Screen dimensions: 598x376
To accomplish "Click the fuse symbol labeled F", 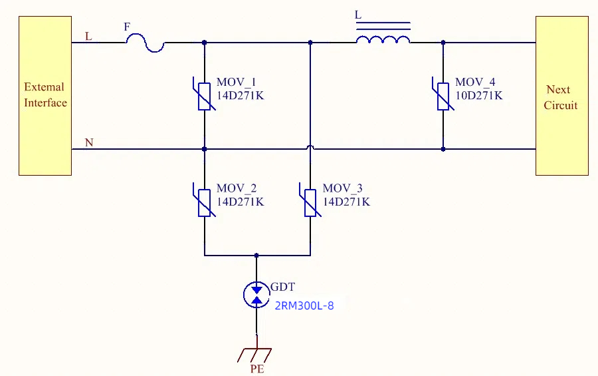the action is point(146,43).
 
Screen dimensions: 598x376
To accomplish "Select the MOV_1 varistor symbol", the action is point(205,96).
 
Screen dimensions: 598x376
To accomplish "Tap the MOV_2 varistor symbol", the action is point(205,202).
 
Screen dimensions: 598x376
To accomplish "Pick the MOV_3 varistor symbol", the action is point(310,202).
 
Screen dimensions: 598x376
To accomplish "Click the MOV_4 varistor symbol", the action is point(443,96).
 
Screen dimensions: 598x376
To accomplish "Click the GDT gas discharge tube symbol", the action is point(256,295).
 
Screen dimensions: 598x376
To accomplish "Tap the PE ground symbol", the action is point(254,355).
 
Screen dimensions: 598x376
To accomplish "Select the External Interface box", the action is point(45,96).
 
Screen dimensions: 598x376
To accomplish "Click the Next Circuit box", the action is point(561,96).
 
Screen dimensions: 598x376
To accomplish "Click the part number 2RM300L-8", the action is point(304,305).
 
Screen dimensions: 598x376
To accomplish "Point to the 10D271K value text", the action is point(479,95).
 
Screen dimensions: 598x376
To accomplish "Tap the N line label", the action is point(89,142).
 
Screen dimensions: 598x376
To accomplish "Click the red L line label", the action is point(88,37).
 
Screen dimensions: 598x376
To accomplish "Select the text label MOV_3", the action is point(342,188).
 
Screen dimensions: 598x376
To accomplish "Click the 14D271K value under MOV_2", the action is point(241,202).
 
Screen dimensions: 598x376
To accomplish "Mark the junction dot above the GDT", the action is point(256,256).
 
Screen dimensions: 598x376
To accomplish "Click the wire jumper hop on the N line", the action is point(310,147).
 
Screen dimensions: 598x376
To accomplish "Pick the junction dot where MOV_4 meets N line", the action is point(443,149).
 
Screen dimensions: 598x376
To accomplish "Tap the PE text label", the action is point(257,369).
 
